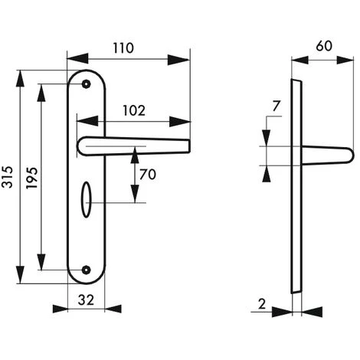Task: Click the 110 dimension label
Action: (123, 48)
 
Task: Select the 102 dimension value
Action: (134, 110)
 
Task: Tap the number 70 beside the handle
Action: (148, 175)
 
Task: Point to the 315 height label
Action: (7, 177)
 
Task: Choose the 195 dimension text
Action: (32, 178)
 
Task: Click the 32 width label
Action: (86, 299)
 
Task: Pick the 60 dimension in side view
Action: (324, 46)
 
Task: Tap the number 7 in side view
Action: (276, 106)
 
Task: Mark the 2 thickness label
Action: (262, 304)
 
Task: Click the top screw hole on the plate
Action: (87, 84)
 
